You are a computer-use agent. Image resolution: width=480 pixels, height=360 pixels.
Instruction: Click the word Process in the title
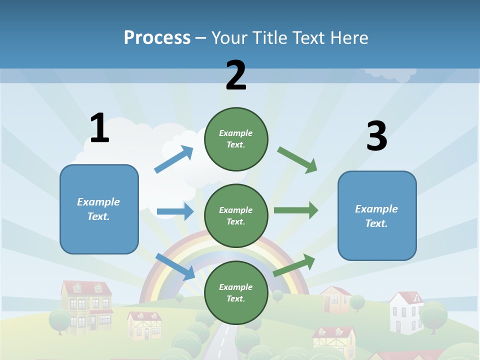[157, 38]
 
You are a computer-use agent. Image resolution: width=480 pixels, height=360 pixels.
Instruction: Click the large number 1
[99, 128]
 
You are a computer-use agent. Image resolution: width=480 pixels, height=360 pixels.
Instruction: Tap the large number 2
[236, 75]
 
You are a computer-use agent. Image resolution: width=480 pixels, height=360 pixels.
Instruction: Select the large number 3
[376, 136]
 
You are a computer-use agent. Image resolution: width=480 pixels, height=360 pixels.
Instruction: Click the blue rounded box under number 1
[99, 209]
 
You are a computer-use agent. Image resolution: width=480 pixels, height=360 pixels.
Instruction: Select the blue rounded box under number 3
[377, 215]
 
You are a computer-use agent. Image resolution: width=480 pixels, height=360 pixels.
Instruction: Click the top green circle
[236, 139]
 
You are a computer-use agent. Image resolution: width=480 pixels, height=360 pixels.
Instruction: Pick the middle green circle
[236, 215]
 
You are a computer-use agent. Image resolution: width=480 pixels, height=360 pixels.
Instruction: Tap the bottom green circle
[236, 292]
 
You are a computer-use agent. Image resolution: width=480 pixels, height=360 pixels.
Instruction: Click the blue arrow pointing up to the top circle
[174, 159]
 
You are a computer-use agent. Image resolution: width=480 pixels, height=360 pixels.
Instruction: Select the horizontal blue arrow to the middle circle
[175, 211]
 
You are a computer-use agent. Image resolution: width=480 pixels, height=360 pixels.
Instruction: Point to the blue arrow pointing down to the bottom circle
[175, 266]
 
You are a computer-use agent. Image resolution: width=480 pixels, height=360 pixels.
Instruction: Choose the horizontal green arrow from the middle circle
[296, 210]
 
